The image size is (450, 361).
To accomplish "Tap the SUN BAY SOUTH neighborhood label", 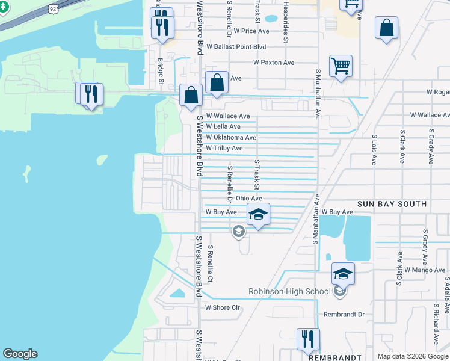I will (x=392, y=205).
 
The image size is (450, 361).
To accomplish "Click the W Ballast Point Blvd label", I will (x=236, y=46).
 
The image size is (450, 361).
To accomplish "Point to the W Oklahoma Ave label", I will (x=231, y=138).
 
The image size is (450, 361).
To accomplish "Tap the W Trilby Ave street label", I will (x=224, y=148).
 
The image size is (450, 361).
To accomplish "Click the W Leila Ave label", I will (x=223, y=127).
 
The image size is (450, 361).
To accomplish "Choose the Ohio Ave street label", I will (x=248, y=198).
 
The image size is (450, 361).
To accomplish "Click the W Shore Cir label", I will (x=223, y=307).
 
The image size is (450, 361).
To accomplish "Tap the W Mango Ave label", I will (x=424, y=271).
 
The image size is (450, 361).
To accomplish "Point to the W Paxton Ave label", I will (x=274, y=63).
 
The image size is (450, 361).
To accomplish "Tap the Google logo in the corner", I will (x=20, y=354).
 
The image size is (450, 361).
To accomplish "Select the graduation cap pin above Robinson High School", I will (x=343, y=274).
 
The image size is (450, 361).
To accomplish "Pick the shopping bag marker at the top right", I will (x=386, y=28).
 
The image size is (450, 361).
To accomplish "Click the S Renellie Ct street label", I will (x=210, y=264).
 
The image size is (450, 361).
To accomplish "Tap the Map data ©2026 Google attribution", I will (x=413, y=356).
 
